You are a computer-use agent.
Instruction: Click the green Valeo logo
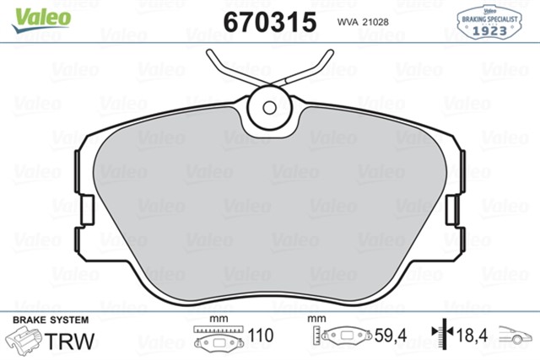(41, 19)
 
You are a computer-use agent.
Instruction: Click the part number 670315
(270, 22)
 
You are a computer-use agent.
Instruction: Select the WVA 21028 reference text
(363, 22)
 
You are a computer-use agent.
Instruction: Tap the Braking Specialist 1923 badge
(489, 22)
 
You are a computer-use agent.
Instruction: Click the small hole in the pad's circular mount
(269, 108)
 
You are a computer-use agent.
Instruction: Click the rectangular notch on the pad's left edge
(87, 210)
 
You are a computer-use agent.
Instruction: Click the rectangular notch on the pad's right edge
(452, 210)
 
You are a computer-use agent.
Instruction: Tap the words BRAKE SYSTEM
(51, 320)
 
